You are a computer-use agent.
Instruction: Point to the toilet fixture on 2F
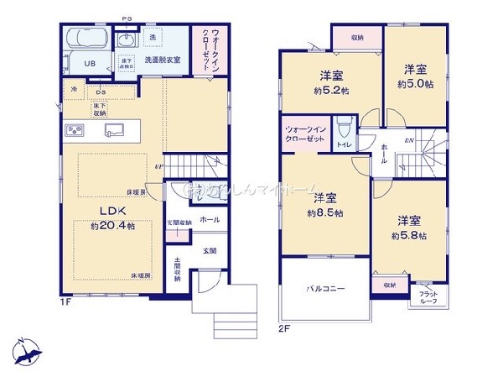343,132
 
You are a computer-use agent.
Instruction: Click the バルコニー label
325,288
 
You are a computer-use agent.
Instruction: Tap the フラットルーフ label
422,298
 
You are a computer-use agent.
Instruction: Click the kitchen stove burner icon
74,130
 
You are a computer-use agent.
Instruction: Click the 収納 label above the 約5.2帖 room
357,37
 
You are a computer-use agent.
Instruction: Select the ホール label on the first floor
210,219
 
